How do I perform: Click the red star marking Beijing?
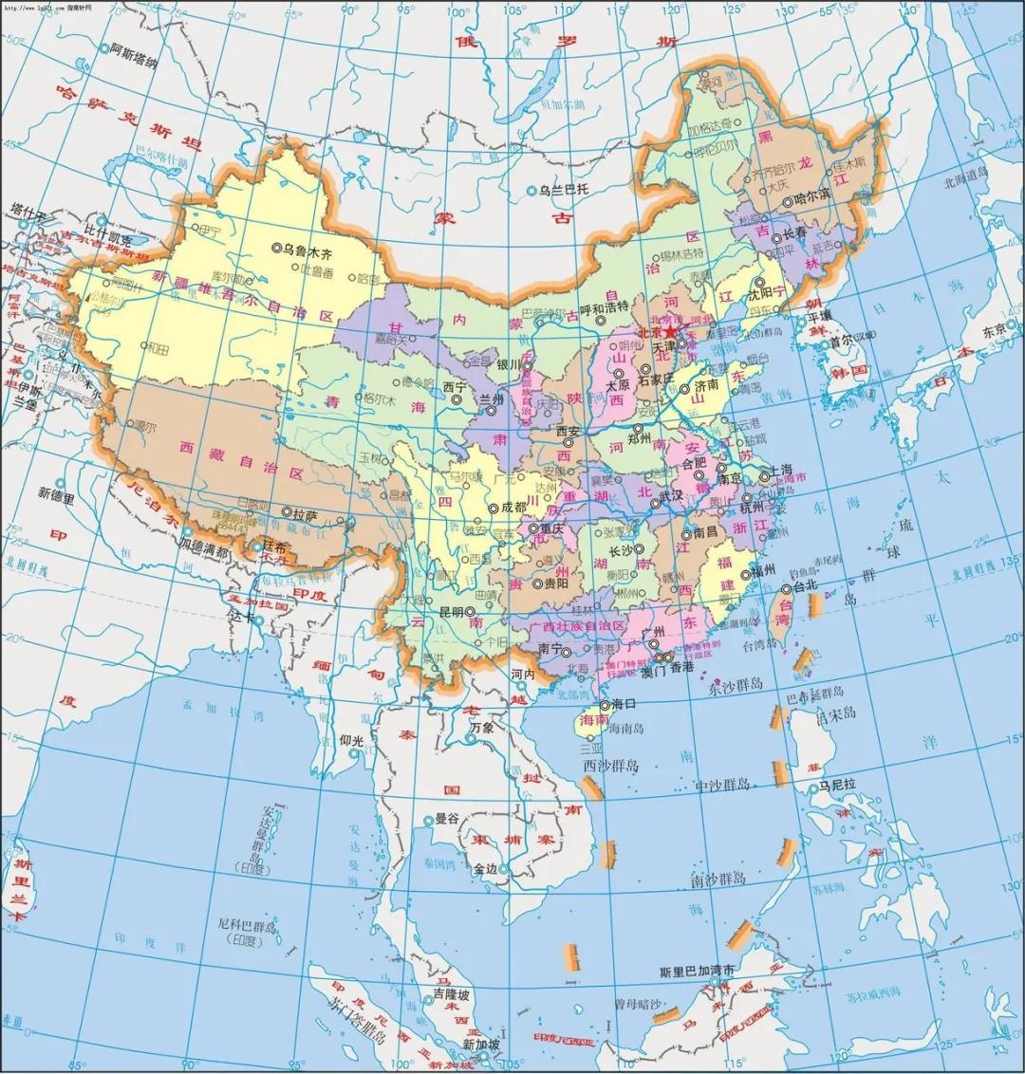671,333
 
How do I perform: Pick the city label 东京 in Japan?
994,331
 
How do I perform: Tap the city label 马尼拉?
838,786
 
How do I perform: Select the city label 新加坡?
481,1045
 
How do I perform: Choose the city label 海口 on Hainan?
623,704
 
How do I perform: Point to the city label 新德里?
56,493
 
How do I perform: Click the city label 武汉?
671,495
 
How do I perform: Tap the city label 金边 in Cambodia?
485,868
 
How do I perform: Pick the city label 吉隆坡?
451,995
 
